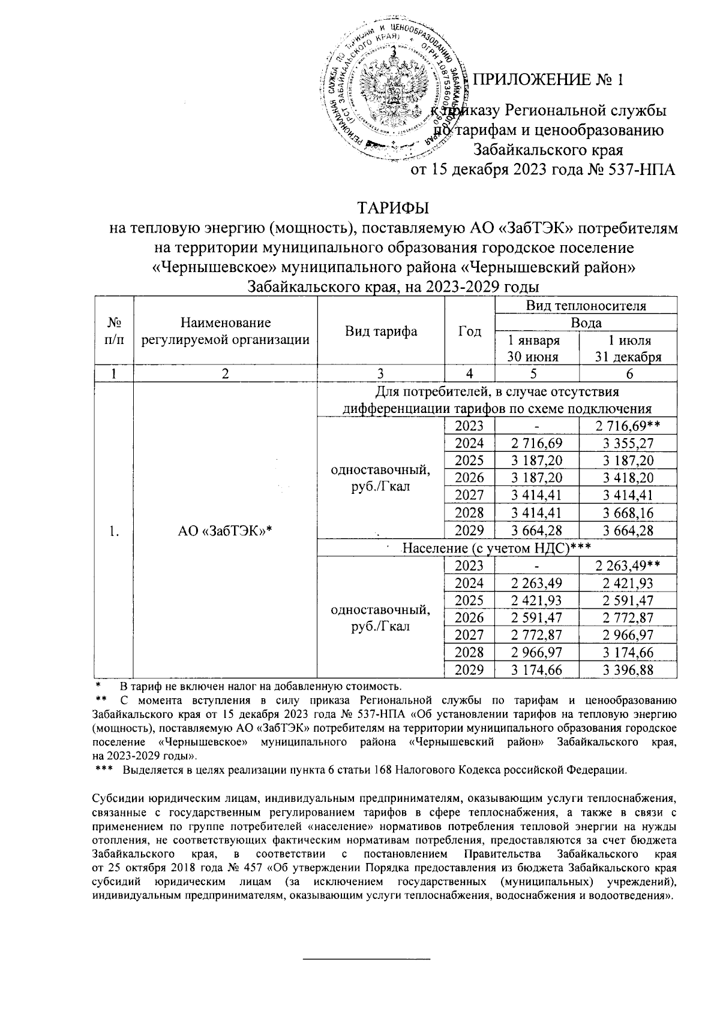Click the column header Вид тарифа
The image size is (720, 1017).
pyautogui.click(x=381, y=331)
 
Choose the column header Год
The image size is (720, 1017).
pyautogui.click(x=469, y=331)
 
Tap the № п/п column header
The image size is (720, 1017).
pyautogui.click(x=113, y=331)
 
